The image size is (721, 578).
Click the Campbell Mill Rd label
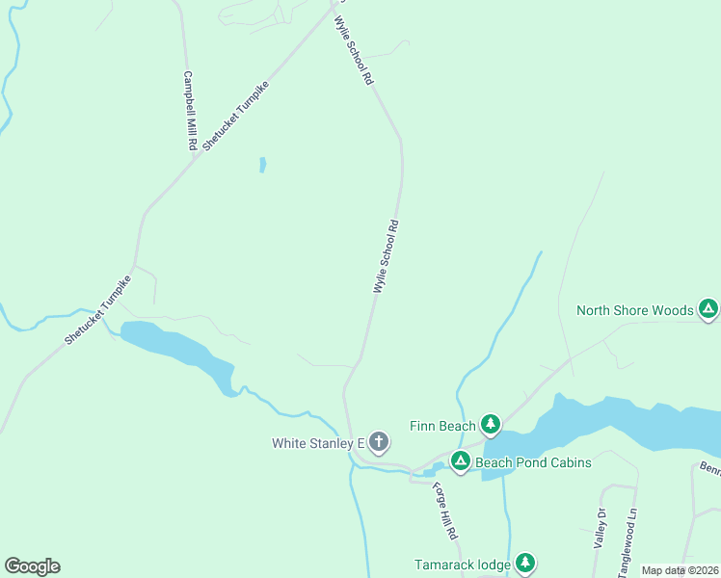coord(191,111)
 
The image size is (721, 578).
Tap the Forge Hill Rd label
coord(444,510)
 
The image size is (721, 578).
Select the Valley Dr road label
coord(600,528)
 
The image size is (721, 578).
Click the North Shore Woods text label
coord(634,310)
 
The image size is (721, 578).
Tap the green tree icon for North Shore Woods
coord(708,309)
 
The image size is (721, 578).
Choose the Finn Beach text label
coord(442,426)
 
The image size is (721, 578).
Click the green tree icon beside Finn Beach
coord(491,424)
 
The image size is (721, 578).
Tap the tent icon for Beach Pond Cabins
coord(461,462)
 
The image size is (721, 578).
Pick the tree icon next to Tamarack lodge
coord(524,563)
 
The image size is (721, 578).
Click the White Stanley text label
coord(316,443)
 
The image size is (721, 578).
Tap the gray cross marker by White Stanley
coord(379,442)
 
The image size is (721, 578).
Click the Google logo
coord(32,565)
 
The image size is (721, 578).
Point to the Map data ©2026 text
coord(680,570)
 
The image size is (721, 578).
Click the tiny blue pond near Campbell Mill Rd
coord(262,165)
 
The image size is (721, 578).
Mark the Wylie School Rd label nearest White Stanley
coord(386,257)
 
